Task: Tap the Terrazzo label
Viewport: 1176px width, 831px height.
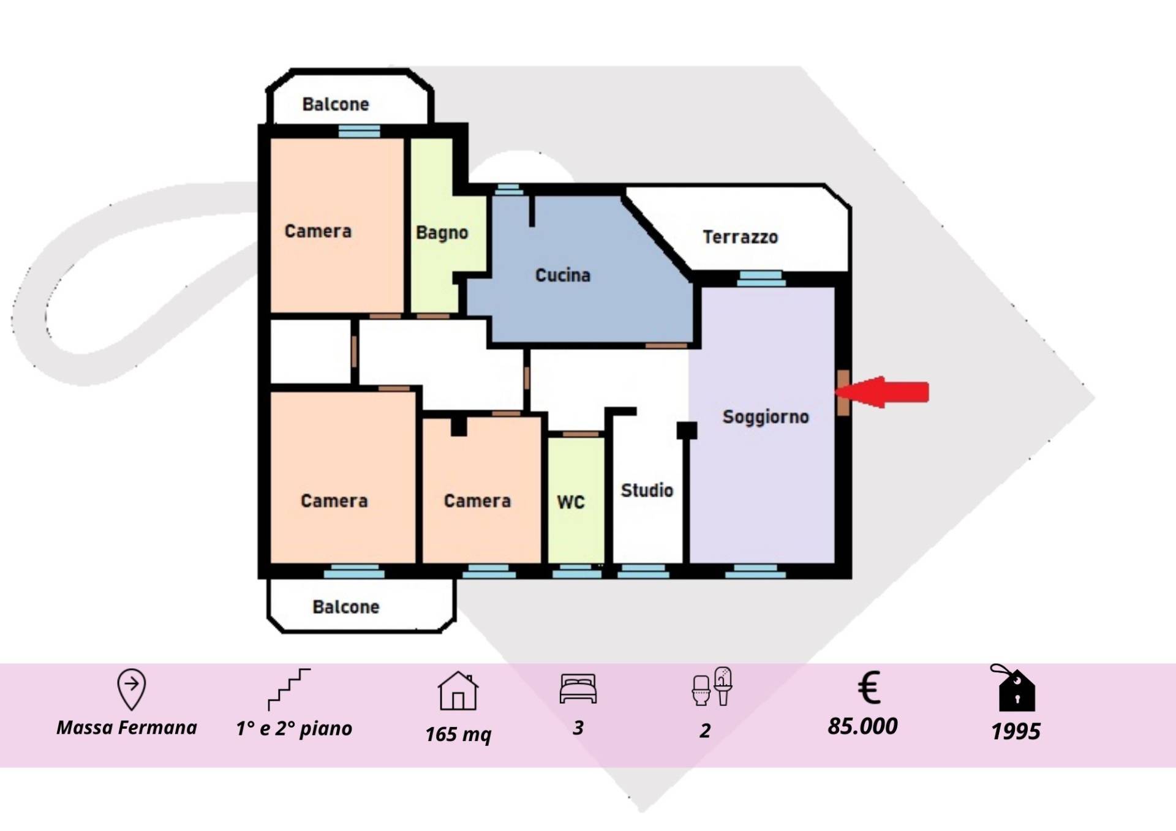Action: [740, 237]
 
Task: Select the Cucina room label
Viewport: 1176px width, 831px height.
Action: [563, 275]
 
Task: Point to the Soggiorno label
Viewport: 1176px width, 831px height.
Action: [766, 417]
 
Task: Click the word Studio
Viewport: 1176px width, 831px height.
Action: [647, 490]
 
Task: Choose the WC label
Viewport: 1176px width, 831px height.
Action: [571, 502]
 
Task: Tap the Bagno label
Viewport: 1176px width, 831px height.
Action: [442, 233]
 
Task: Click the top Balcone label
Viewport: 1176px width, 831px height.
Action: [336, 104]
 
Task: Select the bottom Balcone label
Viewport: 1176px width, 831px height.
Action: [346, 607]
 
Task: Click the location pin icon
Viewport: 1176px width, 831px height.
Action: [131, 690]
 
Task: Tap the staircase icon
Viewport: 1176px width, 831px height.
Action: [289, 690]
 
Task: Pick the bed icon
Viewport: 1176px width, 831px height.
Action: [578, 688]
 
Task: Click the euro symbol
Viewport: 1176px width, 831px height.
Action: [869, 687]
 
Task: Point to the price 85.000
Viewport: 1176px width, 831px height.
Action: [862, 726]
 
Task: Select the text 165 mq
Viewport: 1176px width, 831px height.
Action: [458, 734]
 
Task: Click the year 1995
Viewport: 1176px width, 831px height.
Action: [1016, 731]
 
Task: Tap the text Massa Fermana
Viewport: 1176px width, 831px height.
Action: [127, 728]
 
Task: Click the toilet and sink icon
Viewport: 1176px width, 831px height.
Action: [712, 686]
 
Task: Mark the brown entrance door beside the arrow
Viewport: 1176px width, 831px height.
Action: [843, 393]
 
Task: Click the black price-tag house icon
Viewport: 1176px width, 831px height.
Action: [1014, 688]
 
